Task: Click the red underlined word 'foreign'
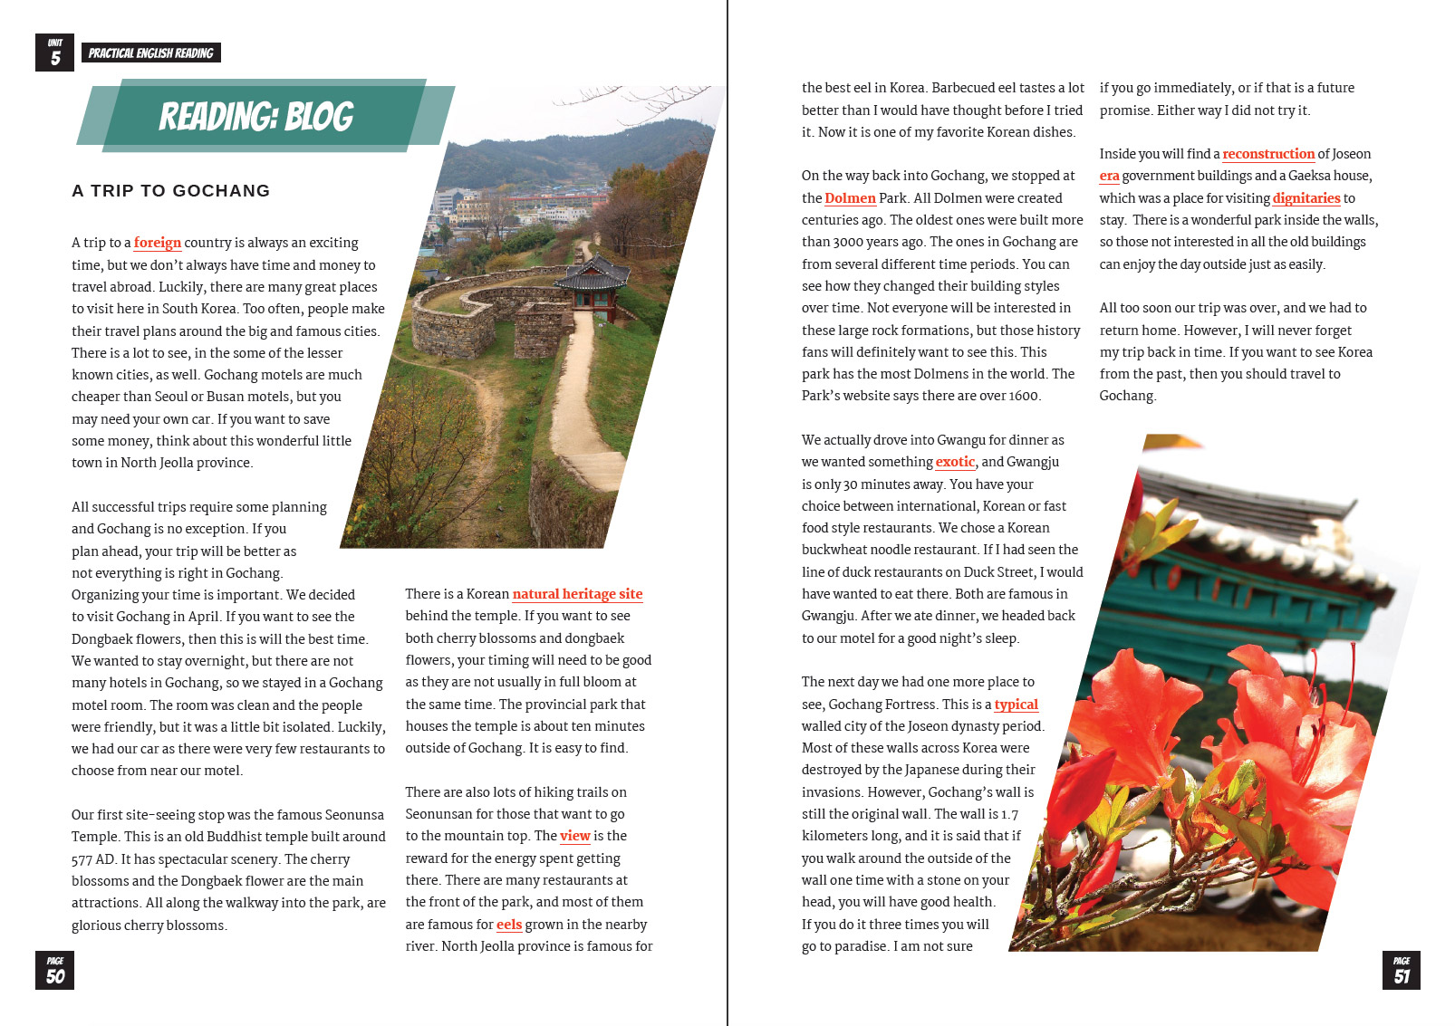tap(157, 243)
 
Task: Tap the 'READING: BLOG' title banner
tap(256, 116)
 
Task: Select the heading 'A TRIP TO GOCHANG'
tap(170, 191)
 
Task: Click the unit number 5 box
tap(54, 53)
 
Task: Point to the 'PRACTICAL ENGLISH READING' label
tap(150, 53)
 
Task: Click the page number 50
tap(54, 971)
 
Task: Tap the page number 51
tap(1401, 971)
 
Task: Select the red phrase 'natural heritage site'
tap(577, 594)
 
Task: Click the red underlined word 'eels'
tap(509, 925)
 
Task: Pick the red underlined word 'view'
tap(574, 836)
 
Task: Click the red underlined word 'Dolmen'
tap(850, 198)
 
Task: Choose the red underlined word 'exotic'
tap(955, 462)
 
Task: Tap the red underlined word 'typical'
tap(1016, 705)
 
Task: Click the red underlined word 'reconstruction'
tap(1267, 154)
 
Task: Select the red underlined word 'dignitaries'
tap(1306, 198)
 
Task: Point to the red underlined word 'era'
tap(1109, 176)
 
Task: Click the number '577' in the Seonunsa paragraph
tap(82, 859)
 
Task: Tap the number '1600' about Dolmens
tap(1024, 396)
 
